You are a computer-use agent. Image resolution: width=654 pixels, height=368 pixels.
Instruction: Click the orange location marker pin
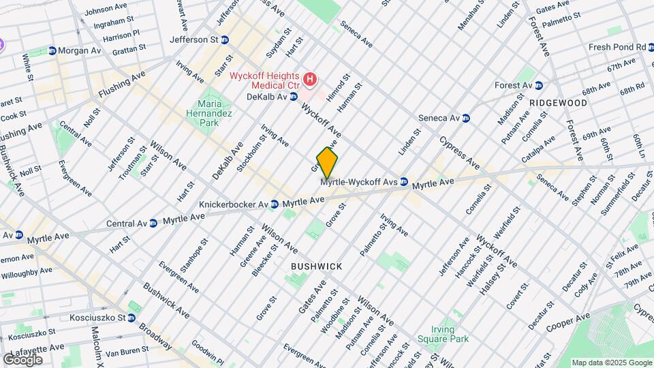(x=327, y=162)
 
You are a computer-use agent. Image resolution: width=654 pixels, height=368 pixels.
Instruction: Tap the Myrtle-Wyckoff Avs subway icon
(x=404, y=182)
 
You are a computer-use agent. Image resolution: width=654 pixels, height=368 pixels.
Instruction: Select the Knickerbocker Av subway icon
(x=274, y=204)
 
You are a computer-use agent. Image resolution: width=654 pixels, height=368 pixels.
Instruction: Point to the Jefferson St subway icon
(x=224, y=40)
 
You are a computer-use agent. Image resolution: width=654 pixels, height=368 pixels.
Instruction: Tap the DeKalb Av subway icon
(x=294, y=97)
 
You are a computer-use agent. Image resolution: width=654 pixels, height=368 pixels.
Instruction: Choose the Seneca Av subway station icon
(x=466, y=118)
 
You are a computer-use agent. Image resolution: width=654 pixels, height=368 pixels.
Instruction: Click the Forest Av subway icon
(x=538, y=85)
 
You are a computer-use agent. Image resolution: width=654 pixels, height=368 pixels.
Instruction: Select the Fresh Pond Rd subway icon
(x=651, y=47)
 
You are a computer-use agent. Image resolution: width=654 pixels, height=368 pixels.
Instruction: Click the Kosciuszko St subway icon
(x=131, y=318)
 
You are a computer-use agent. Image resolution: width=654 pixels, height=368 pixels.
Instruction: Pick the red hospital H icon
(x=311, y=80)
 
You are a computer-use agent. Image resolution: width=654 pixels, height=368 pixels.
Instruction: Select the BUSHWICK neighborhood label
(x=316, y=266)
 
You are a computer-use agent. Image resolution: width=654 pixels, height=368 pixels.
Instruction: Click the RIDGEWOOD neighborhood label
(x=558, y=103)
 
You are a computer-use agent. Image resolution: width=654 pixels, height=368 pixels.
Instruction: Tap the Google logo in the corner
(x=22, y=359)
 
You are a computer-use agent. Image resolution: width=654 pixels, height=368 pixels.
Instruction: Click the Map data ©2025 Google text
(x=611, y=363)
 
